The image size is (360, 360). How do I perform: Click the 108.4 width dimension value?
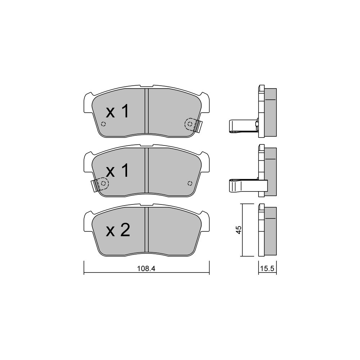click(x=146, y=269)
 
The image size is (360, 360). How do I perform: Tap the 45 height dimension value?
click(x=239, y=230)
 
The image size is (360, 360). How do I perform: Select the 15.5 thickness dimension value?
click(x=267, y=269)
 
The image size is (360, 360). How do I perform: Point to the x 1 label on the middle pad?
click(x=118, y=171)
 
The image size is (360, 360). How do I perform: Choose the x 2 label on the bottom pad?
click(x=118, y=230)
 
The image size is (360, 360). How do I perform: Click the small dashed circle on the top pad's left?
click(x=104, y=124)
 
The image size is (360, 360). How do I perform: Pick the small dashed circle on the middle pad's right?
click(x=190, y=183)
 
